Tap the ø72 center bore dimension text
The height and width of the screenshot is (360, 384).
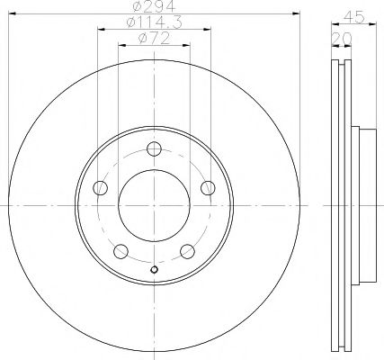[x=154, y=40]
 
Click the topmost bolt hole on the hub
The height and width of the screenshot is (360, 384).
[x=154, y=148]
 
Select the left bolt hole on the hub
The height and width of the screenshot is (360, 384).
[x=100, y=188]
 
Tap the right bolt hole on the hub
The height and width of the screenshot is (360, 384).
[x=208, y=187]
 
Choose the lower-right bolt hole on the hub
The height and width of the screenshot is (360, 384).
[x=187, y=251]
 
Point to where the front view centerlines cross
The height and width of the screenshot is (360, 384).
[x=154, y=205]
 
